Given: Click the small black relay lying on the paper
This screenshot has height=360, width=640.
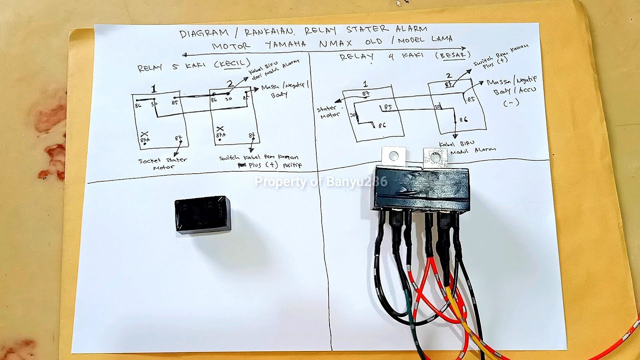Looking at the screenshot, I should tap(202, 214).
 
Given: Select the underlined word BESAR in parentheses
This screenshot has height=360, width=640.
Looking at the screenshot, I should tap(453, 54).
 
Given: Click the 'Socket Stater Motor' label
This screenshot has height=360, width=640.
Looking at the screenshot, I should tap(162, 163).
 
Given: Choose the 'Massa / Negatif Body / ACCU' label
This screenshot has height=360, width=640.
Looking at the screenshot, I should tap(510, 92).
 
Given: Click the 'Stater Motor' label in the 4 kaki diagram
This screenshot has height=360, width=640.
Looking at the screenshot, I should tap(328, 112).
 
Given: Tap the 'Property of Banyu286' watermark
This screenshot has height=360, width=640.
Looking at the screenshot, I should tap(320, 181).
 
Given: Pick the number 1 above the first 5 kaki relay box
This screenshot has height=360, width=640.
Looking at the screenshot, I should tap(154, 89).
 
